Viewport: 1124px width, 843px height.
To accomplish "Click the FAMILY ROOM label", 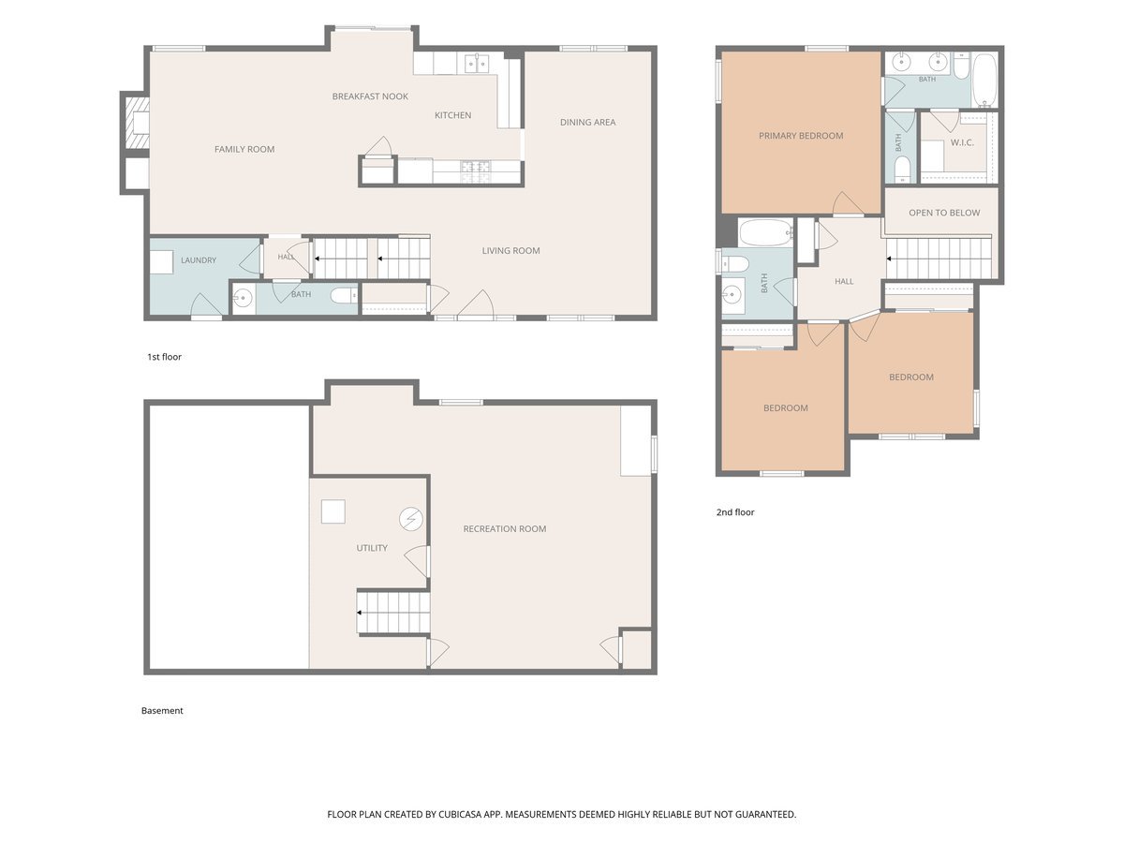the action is click(x=244, y=150).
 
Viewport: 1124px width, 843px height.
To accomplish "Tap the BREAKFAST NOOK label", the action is click(x=370, y=96).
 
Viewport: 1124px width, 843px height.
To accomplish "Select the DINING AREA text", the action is click(x=587, y=123).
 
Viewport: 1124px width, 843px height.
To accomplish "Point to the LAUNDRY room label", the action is click(x=199, y=260).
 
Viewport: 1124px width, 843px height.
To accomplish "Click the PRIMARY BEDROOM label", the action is click(x=800, y=136).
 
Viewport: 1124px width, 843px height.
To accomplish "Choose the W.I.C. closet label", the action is click(x=962, y=142).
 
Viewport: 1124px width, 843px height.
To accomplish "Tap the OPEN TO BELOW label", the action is click(x=944, y=213).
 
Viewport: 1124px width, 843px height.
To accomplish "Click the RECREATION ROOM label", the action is click(x=504, y=528).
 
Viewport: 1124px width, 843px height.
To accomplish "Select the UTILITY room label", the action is click(x=372, y=548).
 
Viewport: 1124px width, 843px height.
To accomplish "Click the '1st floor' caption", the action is click(x=164, y=357).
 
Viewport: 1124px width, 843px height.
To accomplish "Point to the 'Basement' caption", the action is click(x=162, y=710).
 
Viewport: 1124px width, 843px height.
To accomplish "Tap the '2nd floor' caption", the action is click(x=735, y=512).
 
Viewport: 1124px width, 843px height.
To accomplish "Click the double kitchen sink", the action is click(x=477, y=64).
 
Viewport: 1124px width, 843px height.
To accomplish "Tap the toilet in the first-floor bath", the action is click(x=343, y=295).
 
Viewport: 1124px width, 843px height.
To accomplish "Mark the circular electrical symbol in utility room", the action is click(x=410, y=520).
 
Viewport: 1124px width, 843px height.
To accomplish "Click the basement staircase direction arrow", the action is click(x=360, y=613).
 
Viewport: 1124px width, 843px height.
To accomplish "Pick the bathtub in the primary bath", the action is click(x=984, y=80).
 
